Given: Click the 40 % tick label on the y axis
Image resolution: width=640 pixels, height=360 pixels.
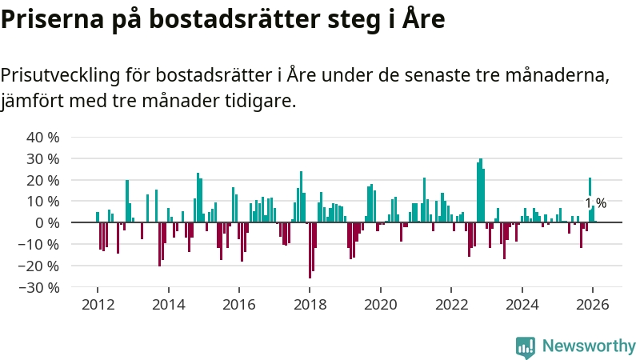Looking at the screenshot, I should [x=43, y=137].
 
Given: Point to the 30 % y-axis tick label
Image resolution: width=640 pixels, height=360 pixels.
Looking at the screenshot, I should [x=43, y=158].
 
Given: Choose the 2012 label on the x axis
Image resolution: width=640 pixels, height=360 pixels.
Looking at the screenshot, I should [x=98, y=304].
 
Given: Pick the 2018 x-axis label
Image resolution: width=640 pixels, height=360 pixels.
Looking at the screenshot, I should [x=310, y=304].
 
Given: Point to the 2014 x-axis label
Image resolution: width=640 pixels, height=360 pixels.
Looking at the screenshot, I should [x=168, y=304].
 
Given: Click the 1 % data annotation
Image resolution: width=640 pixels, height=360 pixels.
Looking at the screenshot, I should [x=596, y=203].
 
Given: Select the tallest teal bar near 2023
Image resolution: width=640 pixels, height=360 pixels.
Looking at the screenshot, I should [x=481, y=190].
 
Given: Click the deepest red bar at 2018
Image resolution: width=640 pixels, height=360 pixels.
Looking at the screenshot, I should [x=310, y=250].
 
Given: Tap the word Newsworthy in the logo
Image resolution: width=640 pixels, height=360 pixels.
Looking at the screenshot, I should [x=589, y=346].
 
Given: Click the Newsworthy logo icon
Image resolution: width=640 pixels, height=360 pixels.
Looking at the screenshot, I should [x=526, y=346].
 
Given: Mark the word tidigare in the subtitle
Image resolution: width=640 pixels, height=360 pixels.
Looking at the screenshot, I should [x=262, y=101].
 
